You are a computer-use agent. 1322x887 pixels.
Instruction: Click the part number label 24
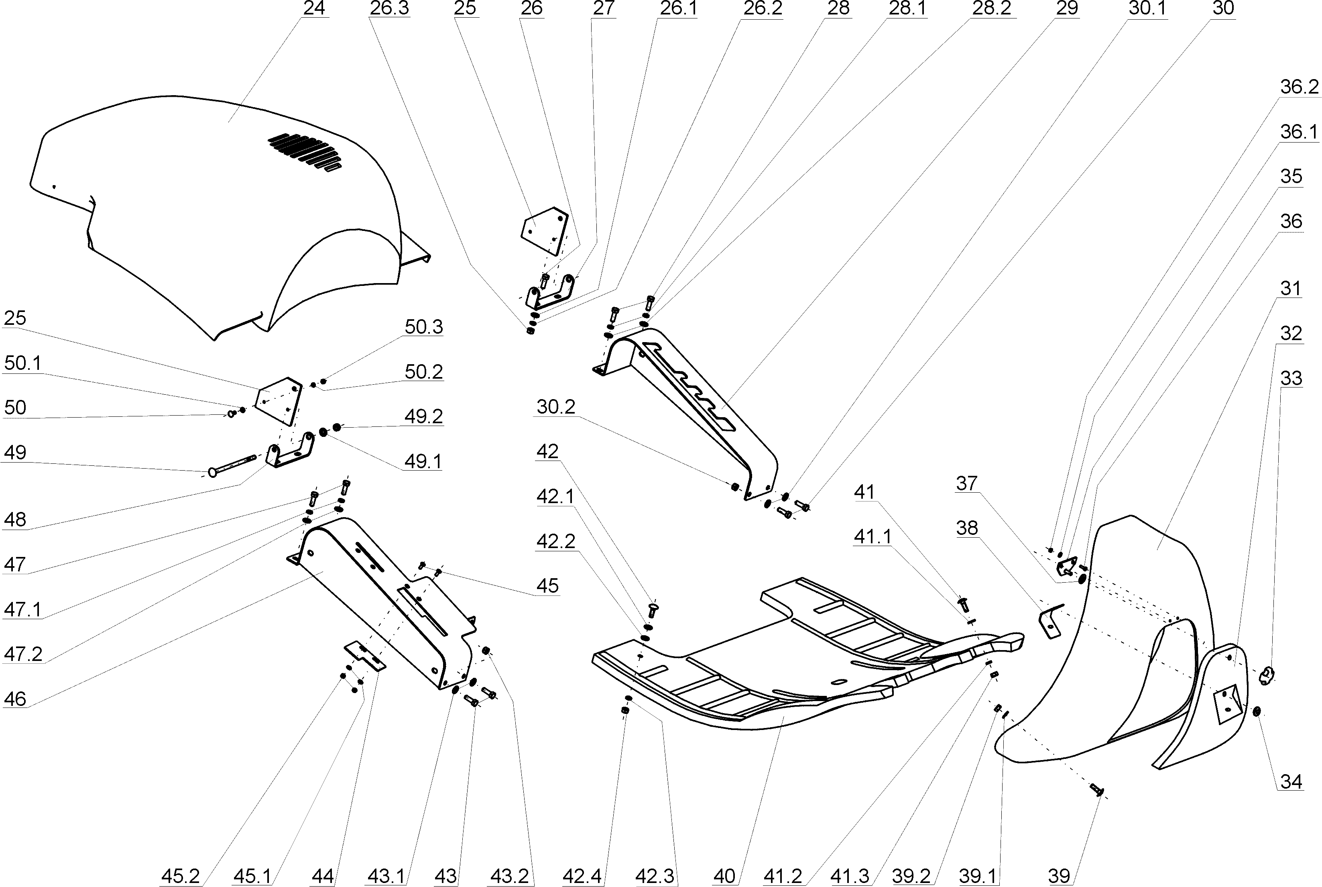(x=314, y=9)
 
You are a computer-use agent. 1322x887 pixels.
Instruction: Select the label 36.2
(x=1299, y=87)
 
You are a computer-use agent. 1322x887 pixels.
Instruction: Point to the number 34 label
(x=1291, y=782)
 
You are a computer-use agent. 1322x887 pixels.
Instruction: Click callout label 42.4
(x=582, y=876)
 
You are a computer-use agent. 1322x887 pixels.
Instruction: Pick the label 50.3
(x=423, y=327)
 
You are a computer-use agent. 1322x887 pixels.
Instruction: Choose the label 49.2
(x=423, y=416)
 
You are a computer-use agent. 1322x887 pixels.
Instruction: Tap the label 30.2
(x=555, y=407)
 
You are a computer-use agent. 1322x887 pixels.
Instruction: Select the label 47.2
(x=22, y=654)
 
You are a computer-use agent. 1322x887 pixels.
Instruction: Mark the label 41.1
(x=872, y=536)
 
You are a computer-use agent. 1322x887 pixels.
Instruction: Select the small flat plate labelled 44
(x=365, y=656)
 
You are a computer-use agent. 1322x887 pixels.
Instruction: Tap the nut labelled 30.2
(x=734, y=487)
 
